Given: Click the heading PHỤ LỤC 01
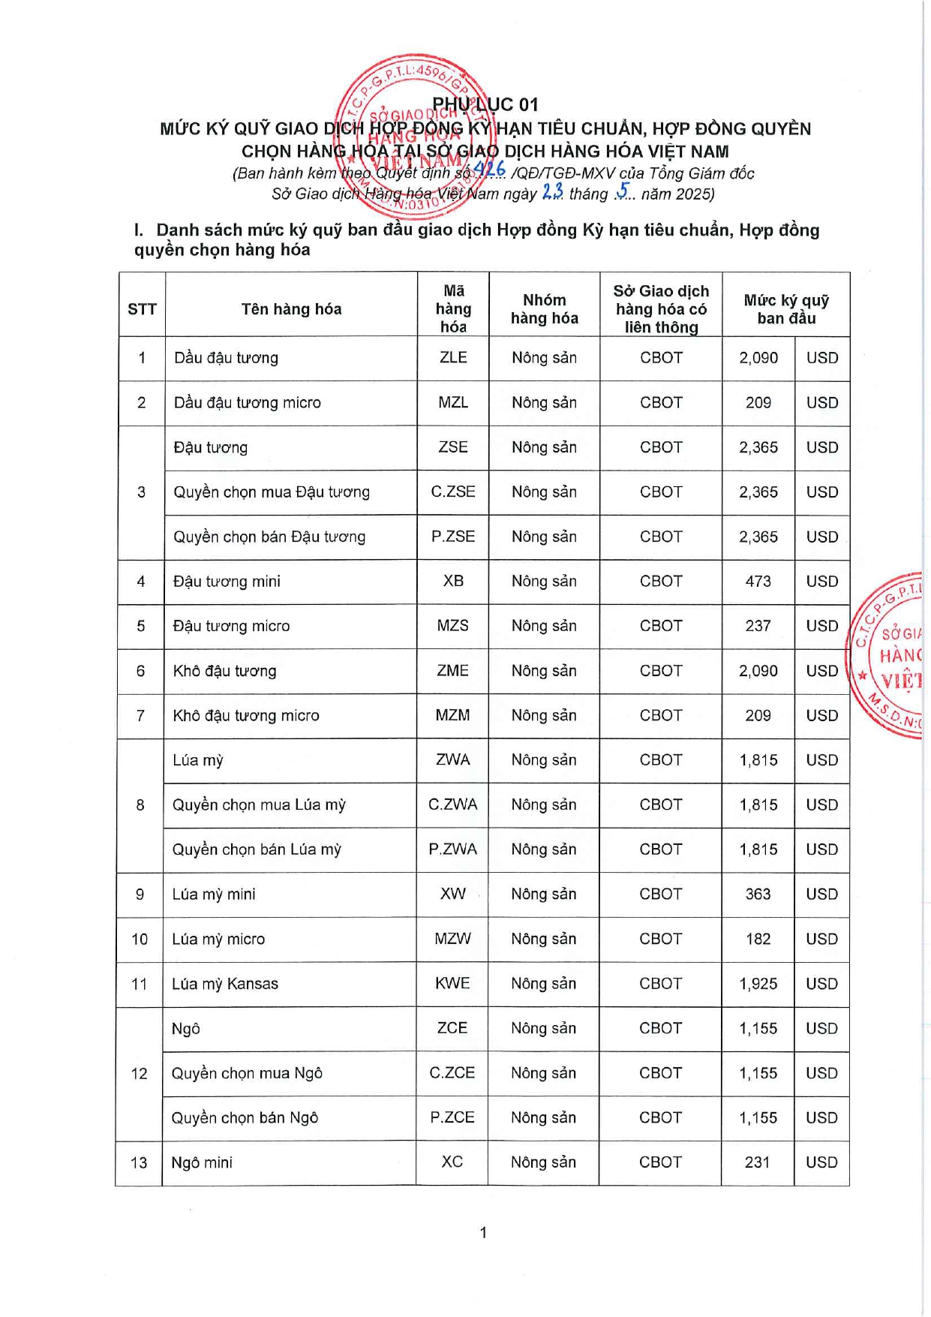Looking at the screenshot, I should [x=485, y=104].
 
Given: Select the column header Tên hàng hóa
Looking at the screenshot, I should [x=291, y=309].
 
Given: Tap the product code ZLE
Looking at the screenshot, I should [x=453, y=358].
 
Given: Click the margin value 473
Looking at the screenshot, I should [x=758, y=582].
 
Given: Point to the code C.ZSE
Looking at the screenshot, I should [x=453, y=492].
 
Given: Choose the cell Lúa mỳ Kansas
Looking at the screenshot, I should [x=225, y=984].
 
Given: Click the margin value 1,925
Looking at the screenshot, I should [x=758, y=984].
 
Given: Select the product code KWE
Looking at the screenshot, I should [x=452, y=984].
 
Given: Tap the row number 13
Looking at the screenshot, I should [x=139, y=1163].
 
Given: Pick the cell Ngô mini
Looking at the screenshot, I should [x=202, y=1163].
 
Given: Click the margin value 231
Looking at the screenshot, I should [x=757, y=1162].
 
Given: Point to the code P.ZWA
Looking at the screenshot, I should [x=452, y=849].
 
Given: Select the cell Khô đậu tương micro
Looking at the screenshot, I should [x=246, y=716].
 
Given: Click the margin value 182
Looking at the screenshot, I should [x=758, y=940].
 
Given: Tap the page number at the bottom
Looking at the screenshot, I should [x=483, y=1232].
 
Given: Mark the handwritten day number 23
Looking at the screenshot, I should [x=552, y=192].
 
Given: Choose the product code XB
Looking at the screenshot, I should [x=453, y=582].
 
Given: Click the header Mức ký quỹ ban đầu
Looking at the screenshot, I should [x=785, y=309].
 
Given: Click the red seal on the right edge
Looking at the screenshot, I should [x=890, y=656].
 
